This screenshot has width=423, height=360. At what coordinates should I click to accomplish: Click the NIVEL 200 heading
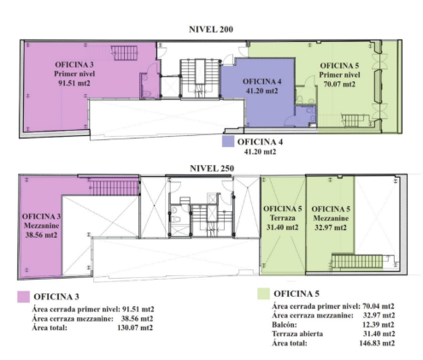pos(211,29)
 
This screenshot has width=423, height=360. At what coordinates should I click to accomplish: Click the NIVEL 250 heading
pos(212,168)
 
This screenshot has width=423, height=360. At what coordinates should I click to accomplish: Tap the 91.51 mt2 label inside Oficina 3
pos(74,83)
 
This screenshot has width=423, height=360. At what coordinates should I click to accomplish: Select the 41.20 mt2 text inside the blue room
pos(261,91)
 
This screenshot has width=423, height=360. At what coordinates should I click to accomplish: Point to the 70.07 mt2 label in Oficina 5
pos(339,85)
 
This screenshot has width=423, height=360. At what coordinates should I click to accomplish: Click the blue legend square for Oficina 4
pos(228,141)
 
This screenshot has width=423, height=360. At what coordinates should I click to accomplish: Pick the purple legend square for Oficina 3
pos(23,297)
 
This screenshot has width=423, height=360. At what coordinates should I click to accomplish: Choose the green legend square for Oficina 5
pos(263,293)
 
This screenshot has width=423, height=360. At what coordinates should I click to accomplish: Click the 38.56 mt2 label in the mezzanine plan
pos(41,235)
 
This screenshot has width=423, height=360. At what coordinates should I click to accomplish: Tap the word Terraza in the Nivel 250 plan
pos(283,218)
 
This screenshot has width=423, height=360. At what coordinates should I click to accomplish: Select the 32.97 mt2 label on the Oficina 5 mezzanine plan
pos(331,227)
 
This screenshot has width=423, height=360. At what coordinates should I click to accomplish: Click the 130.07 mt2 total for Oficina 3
pos(135,328)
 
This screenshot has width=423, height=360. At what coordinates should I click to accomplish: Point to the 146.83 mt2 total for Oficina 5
pos(377,343)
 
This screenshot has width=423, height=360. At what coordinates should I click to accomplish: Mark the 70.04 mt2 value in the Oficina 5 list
pos(379,306)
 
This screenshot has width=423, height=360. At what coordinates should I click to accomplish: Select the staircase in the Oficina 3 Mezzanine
pos(114,186)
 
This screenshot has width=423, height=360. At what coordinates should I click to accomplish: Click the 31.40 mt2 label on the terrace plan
pos(283,227)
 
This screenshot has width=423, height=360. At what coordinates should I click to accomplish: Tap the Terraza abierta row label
pos(297,333)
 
